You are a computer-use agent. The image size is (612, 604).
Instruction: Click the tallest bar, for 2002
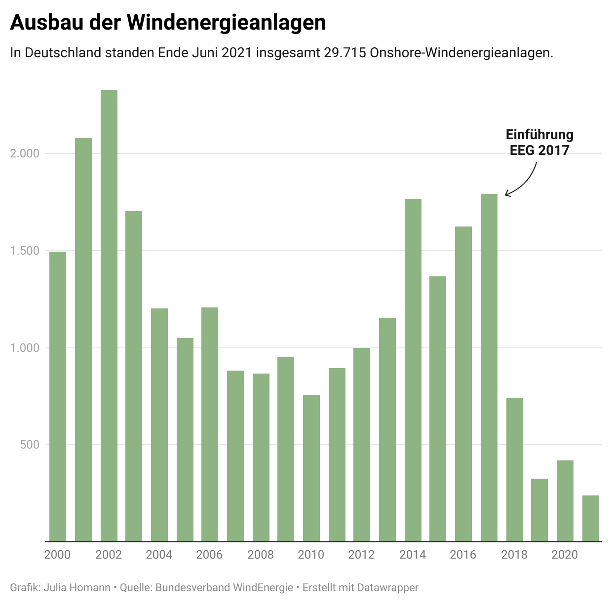pyautogui.click(x=109, y=316)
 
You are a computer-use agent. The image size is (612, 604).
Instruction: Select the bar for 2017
pyautogui.click(x=489, y=368)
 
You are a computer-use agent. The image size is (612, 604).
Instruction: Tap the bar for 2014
pyautogui.click(x=413, y=370)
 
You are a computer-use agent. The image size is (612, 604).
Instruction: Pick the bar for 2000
pyautogui.click(x=58, y=396)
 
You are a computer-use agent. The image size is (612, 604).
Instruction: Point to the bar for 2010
pyautogui.click(x=311, y=468)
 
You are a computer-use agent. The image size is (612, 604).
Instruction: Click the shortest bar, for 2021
pyautogui.click(x=590, y=518)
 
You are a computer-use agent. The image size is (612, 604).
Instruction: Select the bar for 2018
pyautogui.click(x=514, y=469)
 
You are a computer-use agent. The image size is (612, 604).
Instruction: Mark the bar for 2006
pyautogui.click(x=210, y=424)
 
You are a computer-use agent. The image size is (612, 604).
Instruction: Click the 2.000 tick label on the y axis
pyautogui.click(x=25, y=153)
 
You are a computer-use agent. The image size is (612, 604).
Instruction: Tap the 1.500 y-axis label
pyautogui.click(x=25, y=251)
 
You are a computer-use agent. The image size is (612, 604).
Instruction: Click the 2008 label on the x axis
pyautogui.click(x=261, y=555)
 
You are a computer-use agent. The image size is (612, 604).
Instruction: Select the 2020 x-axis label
pyautogui.click(x=565, y=555)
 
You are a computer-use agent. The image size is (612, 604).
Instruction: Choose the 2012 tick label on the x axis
pyautogui.click(x=361, y=555)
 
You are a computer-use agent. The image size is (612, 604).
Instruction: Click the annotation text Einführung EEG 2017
pyautogui.click(x=539, y=142)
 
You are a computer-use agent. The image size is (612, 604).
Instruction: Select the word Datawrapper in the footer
pyautogui.click(x=387, y=588)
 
